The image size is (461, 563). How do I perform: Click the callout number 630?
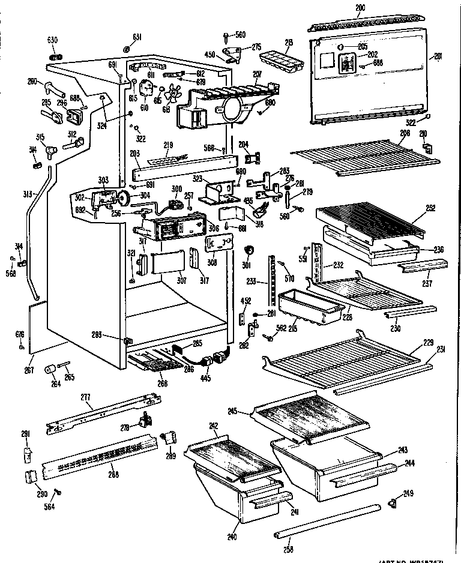[52, 40]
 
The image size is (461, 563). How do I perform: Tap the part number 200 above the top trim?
[360, 7]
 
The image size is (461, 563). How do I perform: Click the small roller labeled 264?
[50, 367]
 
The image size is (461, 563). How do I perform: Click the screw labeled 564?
[59, 493]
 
